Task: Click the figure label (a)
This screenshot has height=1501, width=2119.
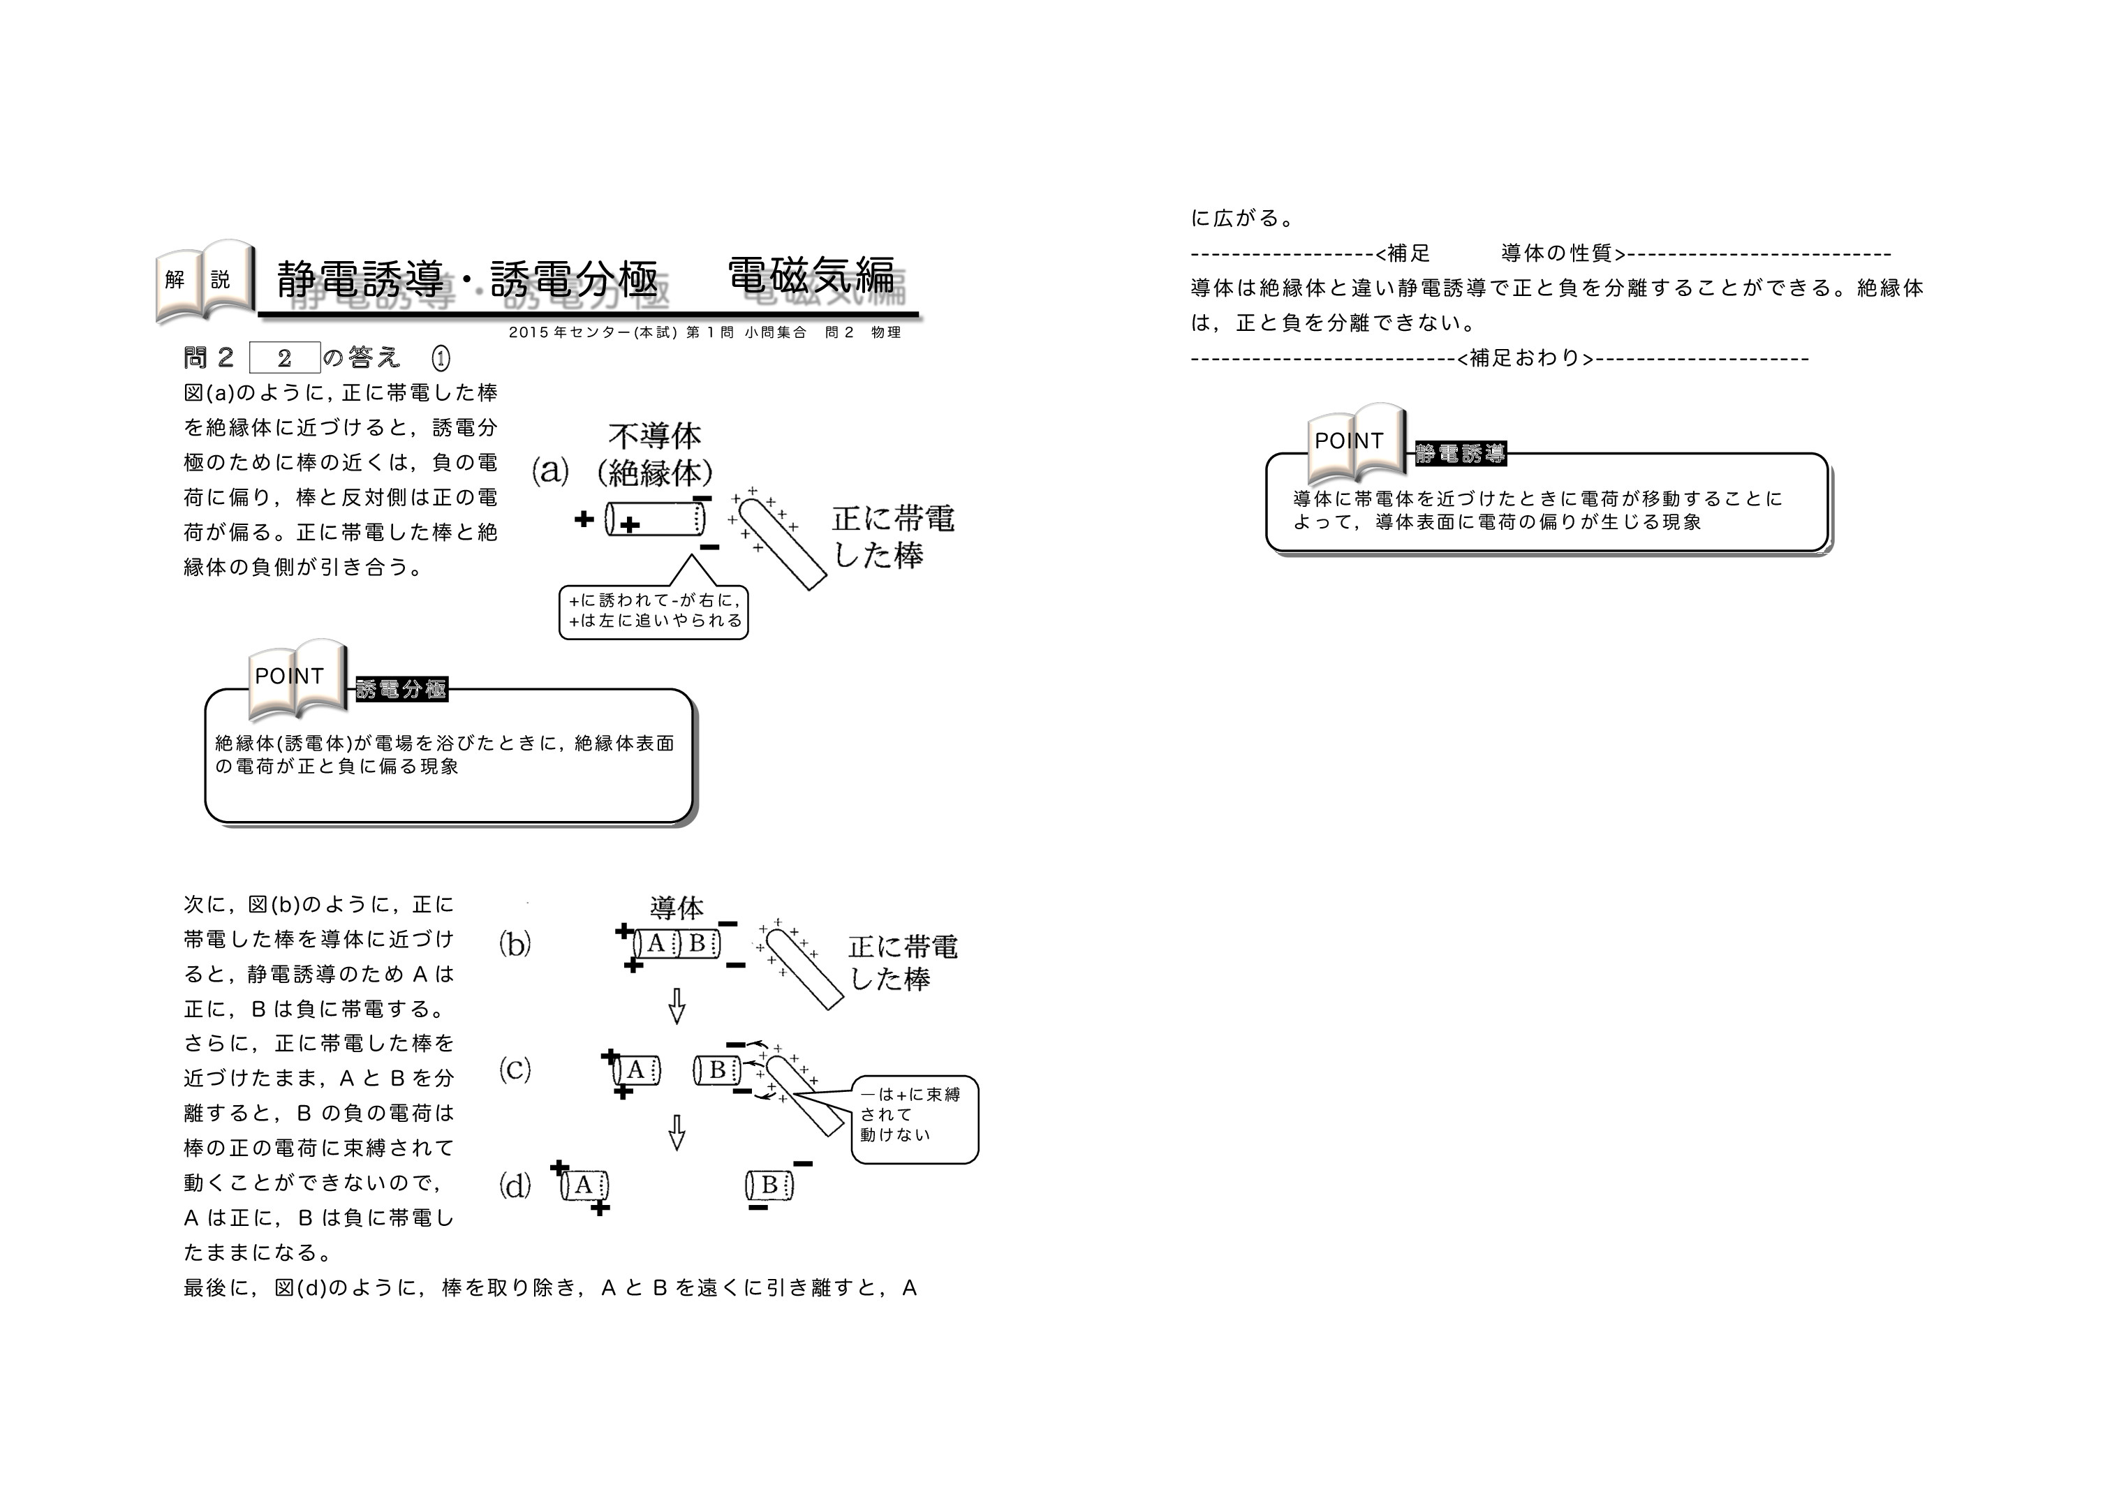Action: pos(550,471)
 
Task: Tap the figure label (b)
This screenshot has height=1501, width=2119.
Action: pos(515,944)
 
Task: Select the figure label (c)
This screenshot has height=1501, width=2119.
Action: pos(515,1070)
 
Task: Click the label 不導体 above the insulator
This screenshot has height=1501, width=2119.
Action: pos(654,436)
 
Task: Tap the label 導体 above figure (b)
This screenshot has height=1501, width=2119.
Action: pos(677,908)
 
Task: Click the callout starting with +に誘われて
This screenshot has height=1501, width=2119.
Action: pos(654,611)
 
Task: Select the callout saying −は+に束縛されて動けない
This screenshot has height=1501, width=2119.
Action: pos(914,1118)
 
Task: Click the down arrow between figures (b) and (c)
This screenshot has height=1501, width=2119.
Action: pos(677,1007)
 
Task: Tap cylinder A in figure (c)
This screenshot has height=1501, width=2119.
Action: pos(637,1070)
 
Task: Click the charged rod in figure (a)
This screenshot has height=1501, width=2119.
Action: pos(785,545)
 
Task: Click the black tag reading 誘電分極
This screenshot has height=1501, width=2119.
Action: pos(401,688)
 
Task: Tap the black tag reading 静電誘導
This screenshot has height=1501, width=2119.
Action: pos(1460,453)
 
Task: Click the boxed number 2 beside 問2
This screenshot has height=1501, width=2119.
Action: pos(285,357)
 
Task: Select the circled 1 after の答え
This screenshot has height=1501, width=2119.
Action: pos(441,357)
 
